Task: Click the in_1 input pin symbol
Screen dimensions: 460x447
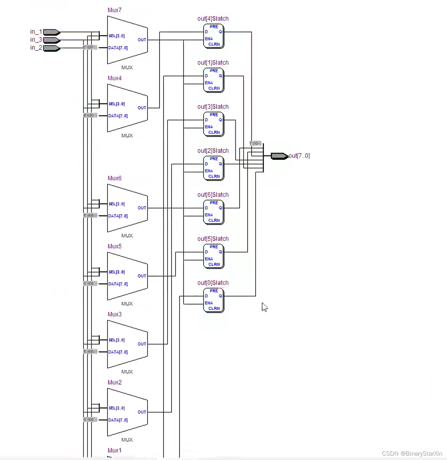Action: click(x=51, y=32)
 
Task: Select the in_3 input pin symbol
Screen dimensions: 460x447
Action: click(x=51, y=40)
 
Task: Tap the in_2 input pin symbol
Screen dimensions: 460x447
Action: click(x=51, y=48)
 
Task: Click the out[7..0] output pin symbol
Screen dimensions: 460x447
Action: click(x=279, y=156)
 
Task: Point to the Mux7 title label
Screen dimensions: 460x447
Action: click(x=114, y=10)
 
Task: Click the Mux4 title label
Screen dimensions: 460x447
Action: click(x=114, y=78)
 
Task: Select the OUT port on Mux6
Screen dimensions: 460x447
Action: click(x=142, y=208)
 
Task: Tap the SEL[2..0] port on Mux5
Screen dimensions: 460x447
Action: click(x=116, y=272)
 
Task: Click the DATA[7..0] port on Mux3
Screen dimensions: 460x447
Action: click(x=118, y=352)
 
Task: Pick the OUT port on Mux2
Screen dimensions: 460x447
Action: click(x=142, y=412)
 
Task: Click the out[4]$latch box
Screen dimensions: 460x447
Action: click(x=213, y=36)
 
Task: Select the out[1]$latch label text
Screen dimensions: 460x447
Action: click(x=213, y=63)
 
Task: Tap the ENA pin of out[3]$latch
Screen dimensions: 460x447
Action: click(x=209, y=127)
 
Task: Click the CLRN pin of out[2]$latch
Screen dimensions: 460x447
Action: click(x=214, y=176)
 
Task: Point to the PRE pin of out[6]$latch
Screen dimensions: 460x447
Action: click(x=214, y=203)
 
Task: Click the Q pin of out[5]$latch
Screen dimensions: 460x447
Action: click(x=220, y=252)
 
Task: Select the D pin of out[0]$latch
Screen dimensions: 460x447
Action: click(x=206, y=296)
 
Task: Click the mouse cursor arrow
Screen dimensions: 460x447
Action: click(x=265, y=307)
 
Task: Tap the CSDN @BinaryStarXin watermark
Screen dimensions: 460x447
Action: click(x=412, y=454)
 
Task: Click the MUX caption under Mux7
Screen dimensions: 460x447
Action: click(x=127, y=68)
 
